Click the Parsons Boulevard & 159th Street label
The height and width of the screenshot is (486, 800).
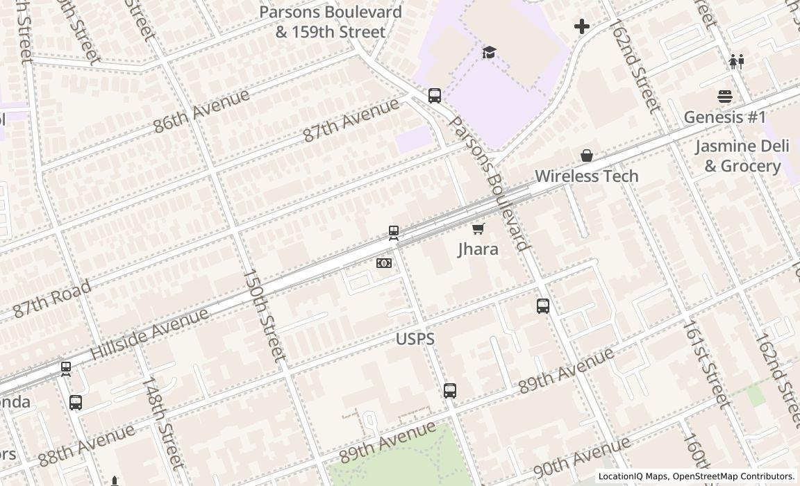(330, 22)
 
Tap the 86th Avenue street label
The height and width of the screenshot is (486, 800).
(201, 110)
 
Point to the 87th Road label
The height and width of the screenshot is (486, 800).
(52, 299)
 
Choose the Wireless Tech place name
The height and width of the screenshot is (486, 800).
(586, 176)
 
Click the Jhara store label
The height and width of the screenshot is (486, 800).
(478, 249)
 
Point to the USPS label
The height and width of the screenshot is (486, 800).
(415, 339)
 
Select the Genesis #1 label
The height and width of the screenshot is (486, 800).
(724, 117)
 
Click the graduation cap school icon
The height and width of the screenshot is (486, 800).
(490, 52)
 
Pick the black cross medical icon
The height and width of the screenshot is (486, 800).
(582, 27)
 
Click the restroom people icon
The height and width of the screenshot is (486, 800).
(737, 62)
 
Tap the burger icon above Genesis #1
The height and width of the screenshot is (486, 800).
(725, 97)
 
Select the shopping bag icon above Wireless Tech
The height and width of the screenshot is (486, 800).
(587, 156)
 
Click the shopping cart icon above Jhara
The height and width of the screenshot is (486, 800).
(478, 228)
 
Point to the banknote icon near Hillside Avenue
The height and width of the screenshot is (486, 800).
(384, 263)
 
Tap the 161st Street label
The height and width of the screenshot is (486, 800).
(706, 363)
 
